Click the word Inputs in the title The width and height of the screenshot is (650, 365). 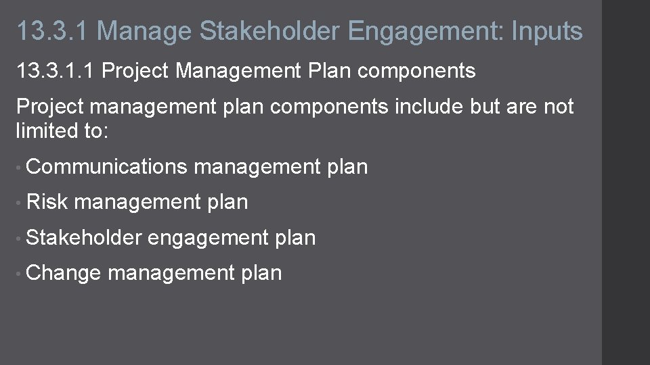546,32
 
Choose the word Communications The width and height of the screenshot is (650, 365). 107,166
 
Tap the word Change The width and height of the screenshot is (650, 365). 64,272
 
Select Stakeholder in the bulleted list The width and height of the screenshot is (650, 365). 84,237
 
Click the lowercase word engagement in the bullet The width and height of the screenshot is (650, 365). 208,238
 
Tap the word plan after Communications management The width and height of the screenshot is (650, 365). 347,166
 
